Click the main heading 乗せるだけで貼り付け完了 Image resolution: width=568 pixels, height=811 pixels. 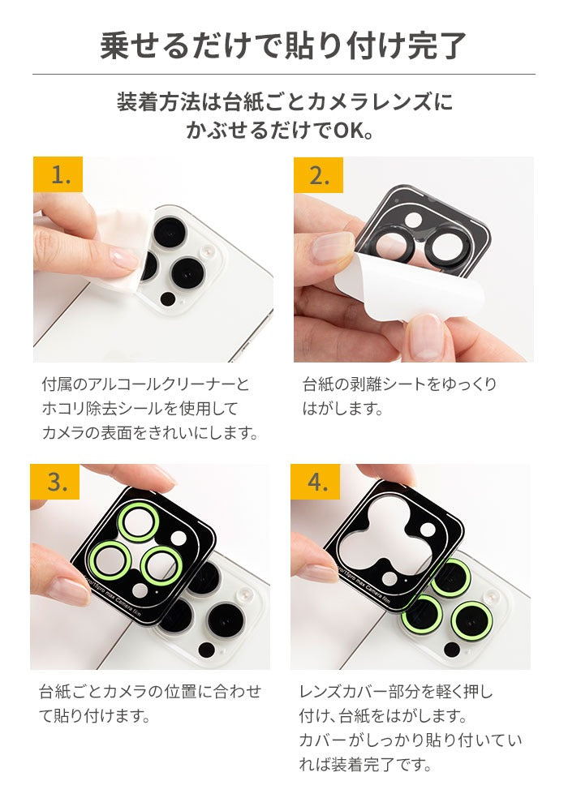[x=283, y=45]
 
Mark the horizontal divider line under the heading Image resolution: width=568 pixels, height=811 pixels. [x=283, y=75]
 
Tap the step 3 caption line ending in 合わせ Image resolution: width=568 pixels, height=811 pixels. [x=151, y=691]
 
